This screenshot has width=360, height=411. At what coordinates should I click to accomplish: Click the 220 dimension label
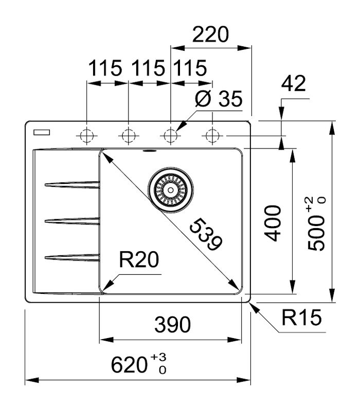click(210, 35)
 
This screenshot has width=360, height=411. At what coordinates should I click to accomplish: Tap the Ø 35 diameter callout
click(219, 99)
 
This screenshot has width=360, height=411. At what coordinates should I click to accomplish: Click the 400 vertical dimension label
click(273, 223)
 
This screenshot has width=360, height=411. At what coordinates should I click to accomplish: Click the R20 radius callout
click(138, 261)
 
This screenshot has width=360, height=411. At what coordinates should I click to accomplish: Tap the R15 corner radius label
click(301, 319)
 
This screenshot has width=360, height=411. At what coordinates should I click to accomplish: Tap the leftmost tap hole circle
click(86, 136)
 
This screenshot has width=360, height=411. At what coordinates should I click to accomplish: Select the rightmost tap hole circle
click(211, 136)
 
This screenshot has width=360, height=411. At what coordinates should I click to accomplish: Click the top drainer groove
click(72, 184)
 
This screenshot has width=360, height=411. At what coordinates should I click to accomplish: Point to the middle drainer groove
click(72, 221)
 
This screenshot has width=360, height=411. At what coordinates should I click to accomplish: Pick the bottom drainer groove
click(72, 257)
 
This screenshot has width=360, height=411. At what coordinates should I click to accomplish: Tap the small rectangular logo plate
click(41, 132)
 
